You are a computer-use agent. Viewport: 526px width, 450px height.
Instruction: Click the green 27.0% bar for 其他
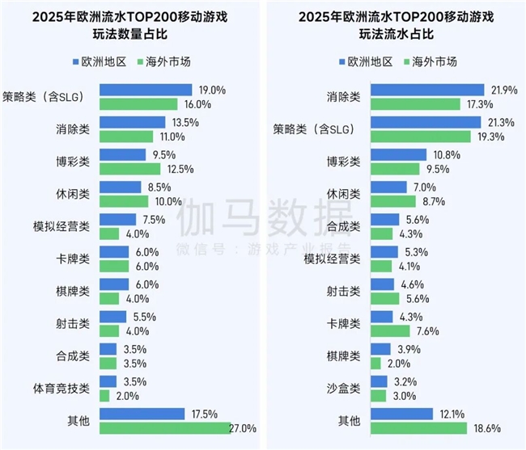(x=165, y=428)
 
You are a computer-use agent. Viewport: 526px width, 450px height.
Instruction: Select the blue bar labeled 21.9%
(x=426, y=90)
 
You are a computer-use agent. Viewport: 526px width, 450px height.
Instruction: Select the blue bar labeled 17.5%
(x=142, y=414)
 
